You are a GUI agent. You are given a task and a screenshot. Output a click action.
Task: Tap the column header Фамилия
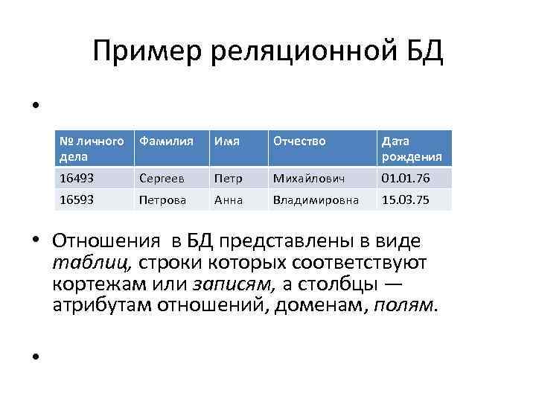pos(166,141)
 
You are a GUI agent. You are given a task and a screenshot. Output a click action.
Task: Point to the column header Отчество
pos(299,141)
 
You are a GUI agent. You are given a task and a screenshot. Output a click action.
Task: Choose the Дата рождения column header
pos(412,149)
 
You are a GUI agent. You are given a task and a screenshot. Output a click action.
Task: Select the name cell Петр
pos(227,178)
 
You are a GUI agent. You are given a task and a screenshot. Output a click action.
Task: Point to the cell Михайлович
pos(308,178)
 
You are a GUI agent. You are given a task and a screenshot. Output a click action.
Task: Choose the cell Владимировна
pos(316,200)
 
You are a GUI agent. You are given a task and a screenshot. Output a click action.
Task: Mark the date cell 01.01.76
pos(405,178)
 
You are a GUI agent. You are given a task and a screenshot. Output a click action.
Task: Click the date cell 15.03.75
pos(405,200)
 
